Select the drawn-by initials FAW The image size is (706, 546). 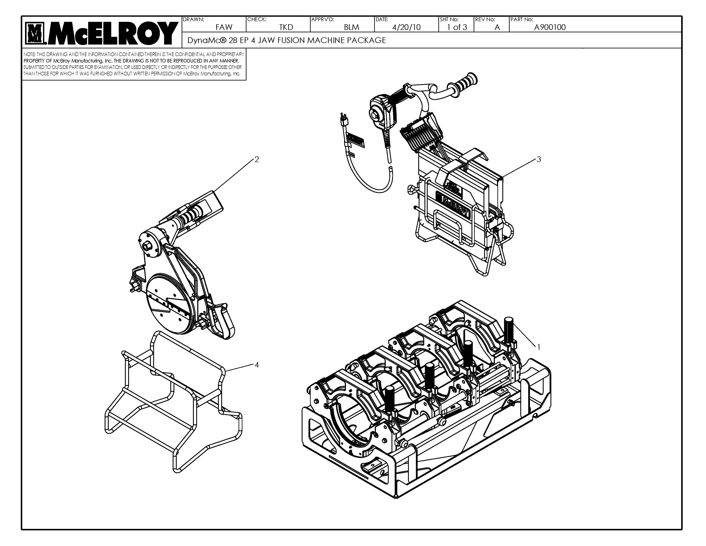click(224, 27)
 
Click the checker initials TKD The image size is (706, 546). click(286, 27)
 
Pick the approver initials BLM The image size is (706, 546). click(351, 27)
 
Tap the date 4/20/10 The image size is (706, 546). click(406, 27)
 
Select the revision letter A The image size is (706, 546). click(497, 27)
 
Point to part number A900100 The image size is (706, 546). click(550, 27)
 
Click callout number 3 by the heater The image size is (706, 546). click(538, 160)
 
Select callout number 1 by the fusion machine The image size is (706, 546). click(538, 347)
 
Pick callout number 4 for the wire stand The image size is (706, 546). click(257, 365)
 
